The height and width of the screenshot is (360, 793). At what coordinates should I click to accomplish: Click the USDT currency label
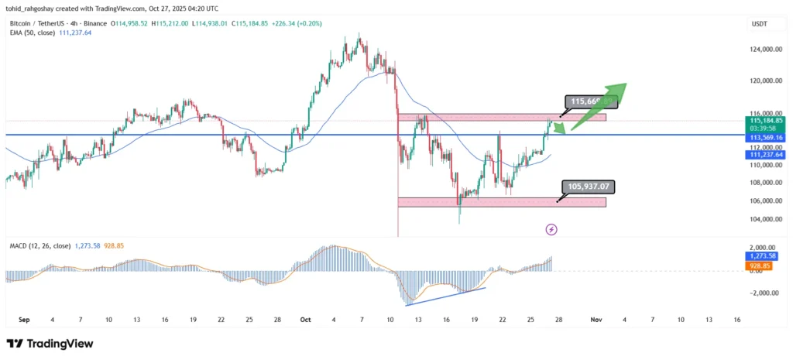759,26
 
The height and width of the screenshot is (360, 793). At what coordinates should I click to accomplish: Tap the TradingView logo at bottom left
50,343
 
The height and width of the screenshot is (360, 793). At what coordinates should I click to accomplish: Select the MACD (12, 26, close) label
40,246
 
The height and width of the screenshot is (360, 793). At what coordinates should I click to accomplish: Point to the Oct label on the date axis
305,319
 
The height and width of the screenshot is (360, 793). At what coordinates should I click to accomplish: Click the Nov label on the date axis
596,319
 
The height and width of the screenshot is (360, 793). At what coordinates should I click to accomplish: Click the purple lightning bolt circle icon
551,229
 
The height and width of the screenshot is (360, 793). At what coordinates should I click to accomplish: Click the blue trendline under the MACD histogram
445,296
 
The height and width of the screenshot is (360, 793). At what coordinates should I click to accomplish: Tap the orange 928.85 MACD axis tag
758,266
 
